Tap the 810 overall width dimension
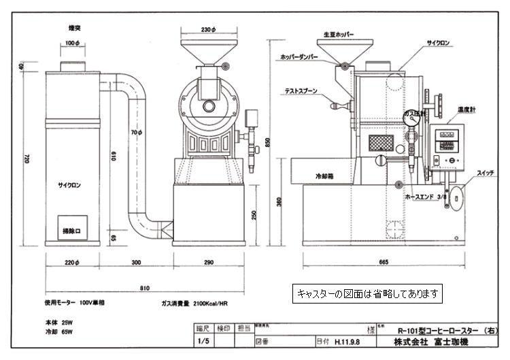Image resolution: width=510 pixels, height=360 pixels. [x=145, y=289]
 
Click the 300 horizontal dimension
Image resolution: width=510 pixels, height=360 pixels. [x=137, y=261]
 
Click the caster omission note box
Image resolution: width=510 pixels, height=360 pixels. [x=368, y=294]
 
